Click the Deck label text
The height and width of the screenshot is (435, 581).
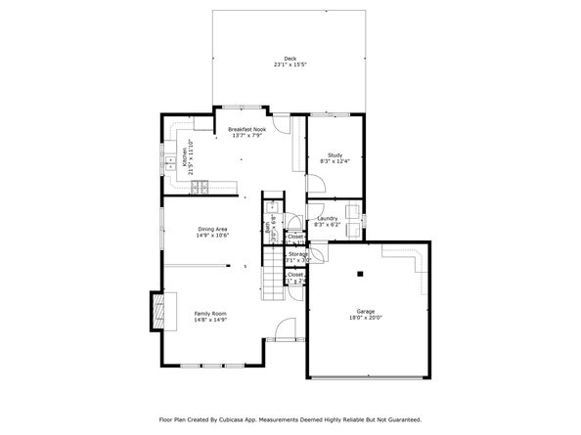pyautogui.click(x=290, y=59)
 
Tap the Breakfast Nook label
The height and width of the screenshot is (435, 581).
pyautogui.click(x=246, y=129)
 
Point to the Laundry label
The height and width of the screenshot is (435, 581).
pyautogui.click(x=327, y=218)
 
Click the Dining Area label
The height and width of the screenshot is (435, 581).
pyautogui.click(x=212, y=229)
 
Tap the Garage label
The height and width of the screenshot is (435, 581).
pyautogui.click(x=366, y=312)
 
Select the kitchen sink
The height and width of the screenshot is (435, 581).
pyautogui.click(x=170, y=159)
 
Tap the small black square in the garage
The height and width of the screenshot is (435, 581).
pyautogui.click(x=359, y=273)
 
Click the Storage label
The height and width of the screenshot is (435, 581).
pyautogui.click(x=297, y=254)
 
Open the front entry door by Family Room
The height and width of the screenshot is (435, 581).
pyautogui.click(x=285, y=330)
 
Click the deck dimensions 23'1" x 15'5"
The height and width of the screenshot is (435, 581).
pyautogui.click(x=290, y=65)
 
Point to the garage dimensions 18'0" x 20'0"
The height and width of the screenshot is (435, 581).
pyautogui.click(x=366, y=319)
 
